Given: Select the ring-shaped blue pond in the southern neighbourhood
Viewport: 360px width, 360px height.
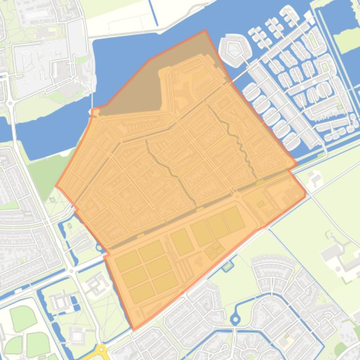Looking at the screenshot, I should point(235,320).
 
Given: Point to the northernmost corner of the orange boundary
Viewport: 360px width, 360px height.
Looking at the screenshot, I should point(205,31).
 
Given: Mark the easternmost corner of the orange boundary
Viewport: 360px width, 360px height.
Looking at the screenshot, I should point(305,192).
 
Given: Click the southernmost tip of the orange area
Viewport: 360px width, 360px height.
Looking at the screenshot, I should point(134,330).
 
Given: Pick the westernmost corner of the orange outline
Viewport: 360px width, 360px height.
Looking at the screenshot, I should point(56,186).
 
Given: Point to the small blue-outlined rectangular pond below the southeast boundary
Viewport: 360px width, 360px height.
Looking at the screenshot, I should point(228,266).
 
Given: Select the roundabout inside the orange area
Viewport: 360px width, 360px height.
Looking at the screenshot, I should point(237,197).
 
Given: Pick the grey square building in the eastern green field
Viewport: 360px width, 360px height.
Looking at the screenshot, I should point(331,252).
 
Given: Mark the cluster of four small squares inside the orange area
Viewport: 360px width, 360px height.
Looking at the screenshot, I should point(214,251).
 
